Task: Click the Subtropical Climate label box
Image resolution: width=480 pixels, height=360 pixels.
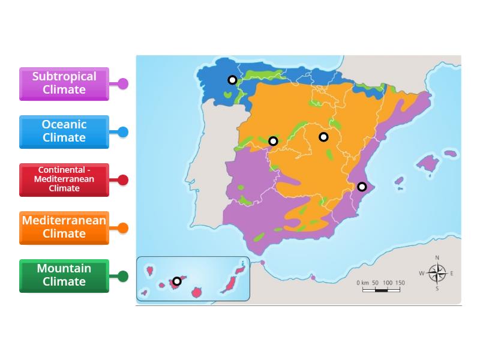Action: tap(64, 83)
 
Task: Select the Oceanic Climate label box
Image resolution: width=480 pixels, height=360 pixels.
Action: tap(64, 131)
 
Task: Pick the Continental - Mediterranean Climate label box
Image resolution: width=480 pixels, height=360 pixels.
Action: tap(64, 179)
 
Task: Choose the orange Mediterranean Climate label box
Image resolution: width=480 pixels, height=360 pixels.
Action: tap(64, 227)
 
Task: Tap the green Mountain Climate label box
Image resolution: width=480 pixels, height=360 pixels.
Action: tap(64, 275)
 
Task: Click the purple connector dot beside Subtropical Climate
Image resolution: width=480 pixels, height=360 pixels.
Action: tap(123, 84)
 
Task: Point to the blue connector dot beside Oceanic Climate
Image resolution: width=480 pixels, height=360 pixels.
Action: tap(123, 132)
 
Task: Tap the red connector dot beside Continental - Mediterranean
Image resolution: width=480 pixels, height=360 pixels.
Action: tap(123, 180)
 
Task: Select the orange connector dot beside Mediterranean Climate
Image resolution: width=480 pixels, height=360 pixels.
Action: tap(123, 228)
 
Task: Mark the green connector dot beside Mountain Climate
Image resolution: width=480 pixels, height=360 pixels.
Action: tap(123, 276)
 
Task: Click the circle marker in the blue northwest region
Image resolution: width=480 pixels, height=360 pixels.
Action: tap(232, 80)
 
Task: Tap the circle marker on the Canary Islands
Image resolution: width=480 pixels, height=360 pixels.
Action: tap(177, 281)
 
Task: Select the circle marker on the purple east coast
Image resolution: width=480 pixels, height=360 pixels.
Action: tap(362, 187)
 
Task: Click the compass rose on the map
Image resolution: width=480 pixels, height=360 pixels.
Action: tap(437, 274)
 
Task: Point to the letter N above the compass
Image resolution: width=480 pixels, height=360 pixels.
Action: tap(437, 258)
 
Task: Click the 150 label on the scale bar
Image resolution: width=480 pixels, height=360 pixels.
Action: tap(400, 283)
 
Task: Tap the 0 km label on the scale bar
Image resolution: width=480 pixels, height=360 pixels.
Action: tap(362, 283)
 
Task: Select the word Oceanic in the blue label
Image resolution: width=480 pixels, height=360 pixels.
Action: tap(64, 125)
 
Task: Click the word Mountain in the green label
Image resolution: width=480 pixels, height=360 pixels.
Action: tap(64, 269)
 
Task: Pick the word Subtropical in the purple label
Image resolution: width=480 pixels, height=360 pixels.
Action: tap(64, 77)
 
